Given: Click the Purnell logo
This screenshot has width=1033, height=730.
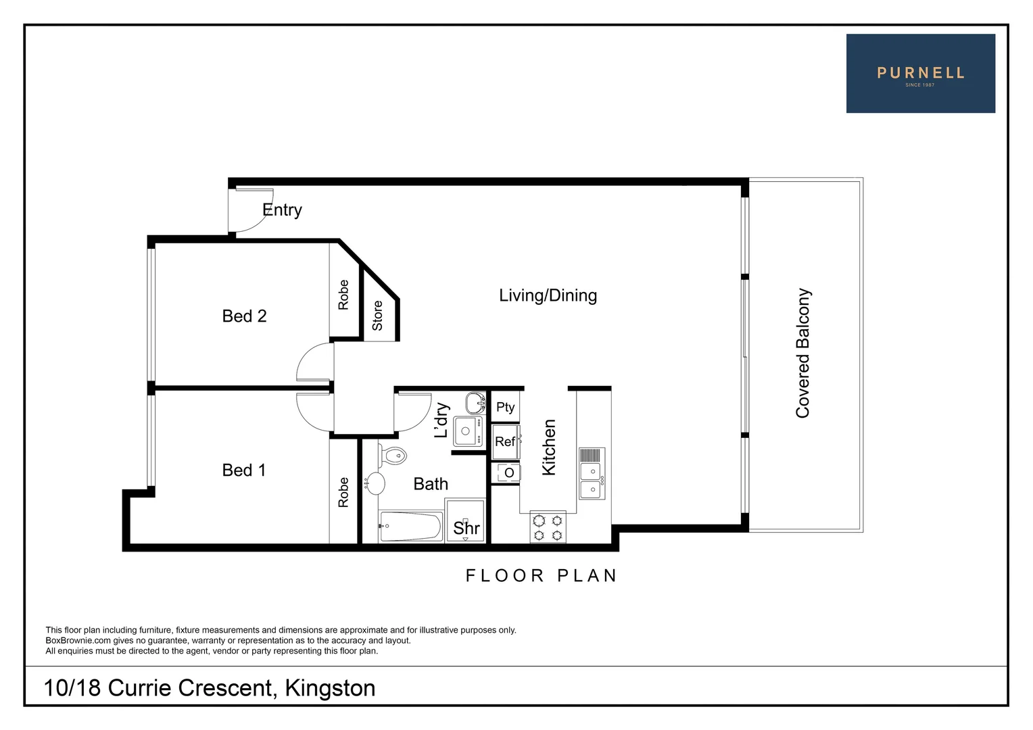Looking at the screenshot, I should (920, 74).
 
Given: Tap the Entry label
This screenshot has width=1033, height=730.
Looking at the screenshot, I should (282, 210).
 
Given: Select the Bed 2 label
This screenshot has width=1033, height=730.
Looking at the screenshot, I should (244, 316).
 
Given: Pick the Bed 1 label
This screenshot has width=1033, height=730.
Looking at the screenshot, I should (243, 470).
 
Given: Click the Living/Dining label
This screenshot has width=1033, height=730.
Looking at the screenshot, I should (548, 295).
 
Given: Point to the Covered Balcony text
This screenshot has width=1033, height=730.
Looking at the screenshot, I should (802, 353).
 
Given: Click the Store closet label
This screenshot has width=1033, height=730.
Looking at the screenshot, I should (377, 316).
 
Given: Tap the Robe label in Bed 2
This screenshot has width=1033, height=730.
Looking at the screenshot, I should (343, 295).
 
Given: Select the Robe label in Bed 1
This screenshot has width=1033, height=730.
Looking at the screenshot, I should (343, 492).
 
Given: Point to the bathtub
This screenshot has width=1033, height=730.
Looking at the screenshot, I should (410, 527).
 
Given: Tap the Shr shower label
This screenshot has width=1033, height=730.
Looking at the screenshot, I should (466, 528).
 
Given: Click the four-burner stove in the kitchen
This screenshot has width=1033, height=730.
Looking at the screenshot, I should (548, 528).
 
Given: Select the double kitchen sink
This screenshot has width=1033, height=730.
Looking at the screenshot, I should (592, 480).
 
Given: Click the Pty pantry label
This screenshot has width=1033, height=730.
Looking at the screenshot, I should (505, 407).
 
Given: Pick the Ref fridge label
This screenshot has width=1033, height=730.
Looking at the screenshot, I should (505, 441).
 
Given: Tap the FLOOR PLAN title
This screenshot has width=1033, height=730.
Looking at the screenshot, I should (542, 576).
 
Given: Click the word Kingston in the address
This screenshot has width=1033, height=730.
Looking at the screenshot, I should (330, 688).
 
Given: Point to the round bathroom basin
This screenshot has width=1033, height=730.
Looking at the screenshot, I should (375, 483).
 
